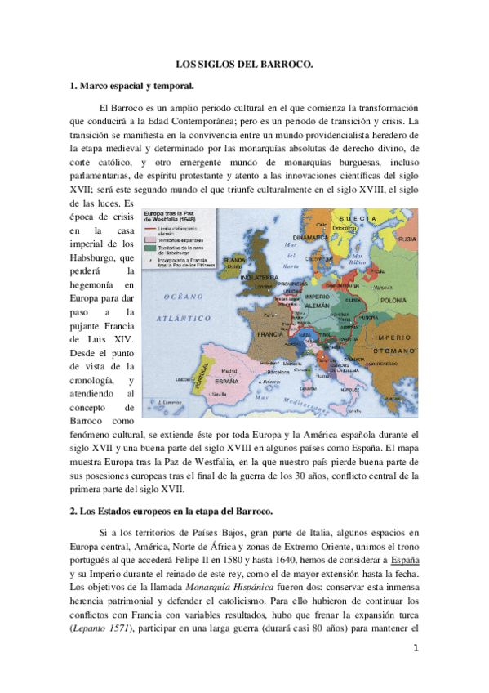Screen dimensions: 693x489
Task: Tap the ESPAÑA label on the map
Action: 232,380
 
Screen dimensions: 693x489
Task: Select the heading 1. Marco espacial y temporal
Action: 132,85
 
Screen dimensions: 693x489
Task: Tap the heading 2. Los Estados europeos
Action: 169,511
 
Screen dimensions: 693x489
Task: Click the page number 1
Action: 416,650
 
